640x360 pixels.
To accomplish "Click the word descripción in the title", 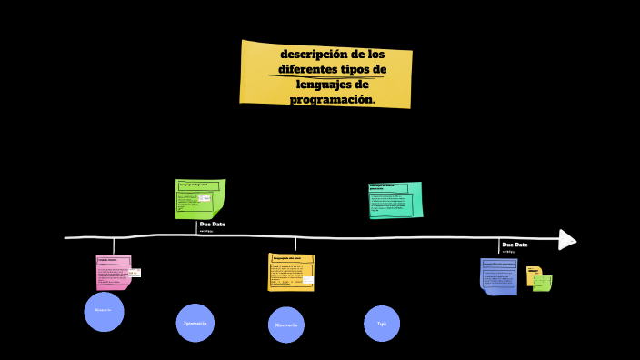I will click(307, 54).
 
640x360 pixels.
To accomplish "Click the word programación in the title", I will click(332, 99).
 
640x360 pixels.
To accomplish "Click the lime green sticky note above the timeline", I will click(199, 199).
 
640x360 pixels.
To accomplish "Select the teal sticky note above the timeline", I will click(395, 200).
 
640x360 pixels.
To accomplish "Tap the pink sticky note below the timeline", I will click(114, 272).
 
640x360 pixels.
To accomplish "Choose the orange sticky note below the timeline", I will click(292, 272).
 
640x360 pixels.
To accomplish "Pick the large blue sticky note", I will click(498, 276).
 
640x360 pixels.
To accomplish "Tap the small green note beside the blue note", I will click(543, 284).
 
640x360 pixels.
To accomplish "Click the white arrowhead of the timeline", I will click(567, 239).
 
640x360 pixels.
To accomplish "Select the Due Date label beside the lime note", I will click(212, 224).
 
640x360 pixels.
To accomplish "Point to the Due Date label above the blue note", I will click(515, 245).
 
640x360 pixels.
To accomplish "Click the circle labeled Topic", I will click(382, 324).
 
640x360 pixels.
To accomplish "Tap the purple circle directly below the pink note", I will click(104, 311).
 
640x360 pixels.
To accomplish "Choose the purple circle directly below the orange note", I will click(286, 325).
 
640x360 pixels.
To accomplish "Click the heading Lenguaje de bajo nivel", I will click(194, 185).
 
